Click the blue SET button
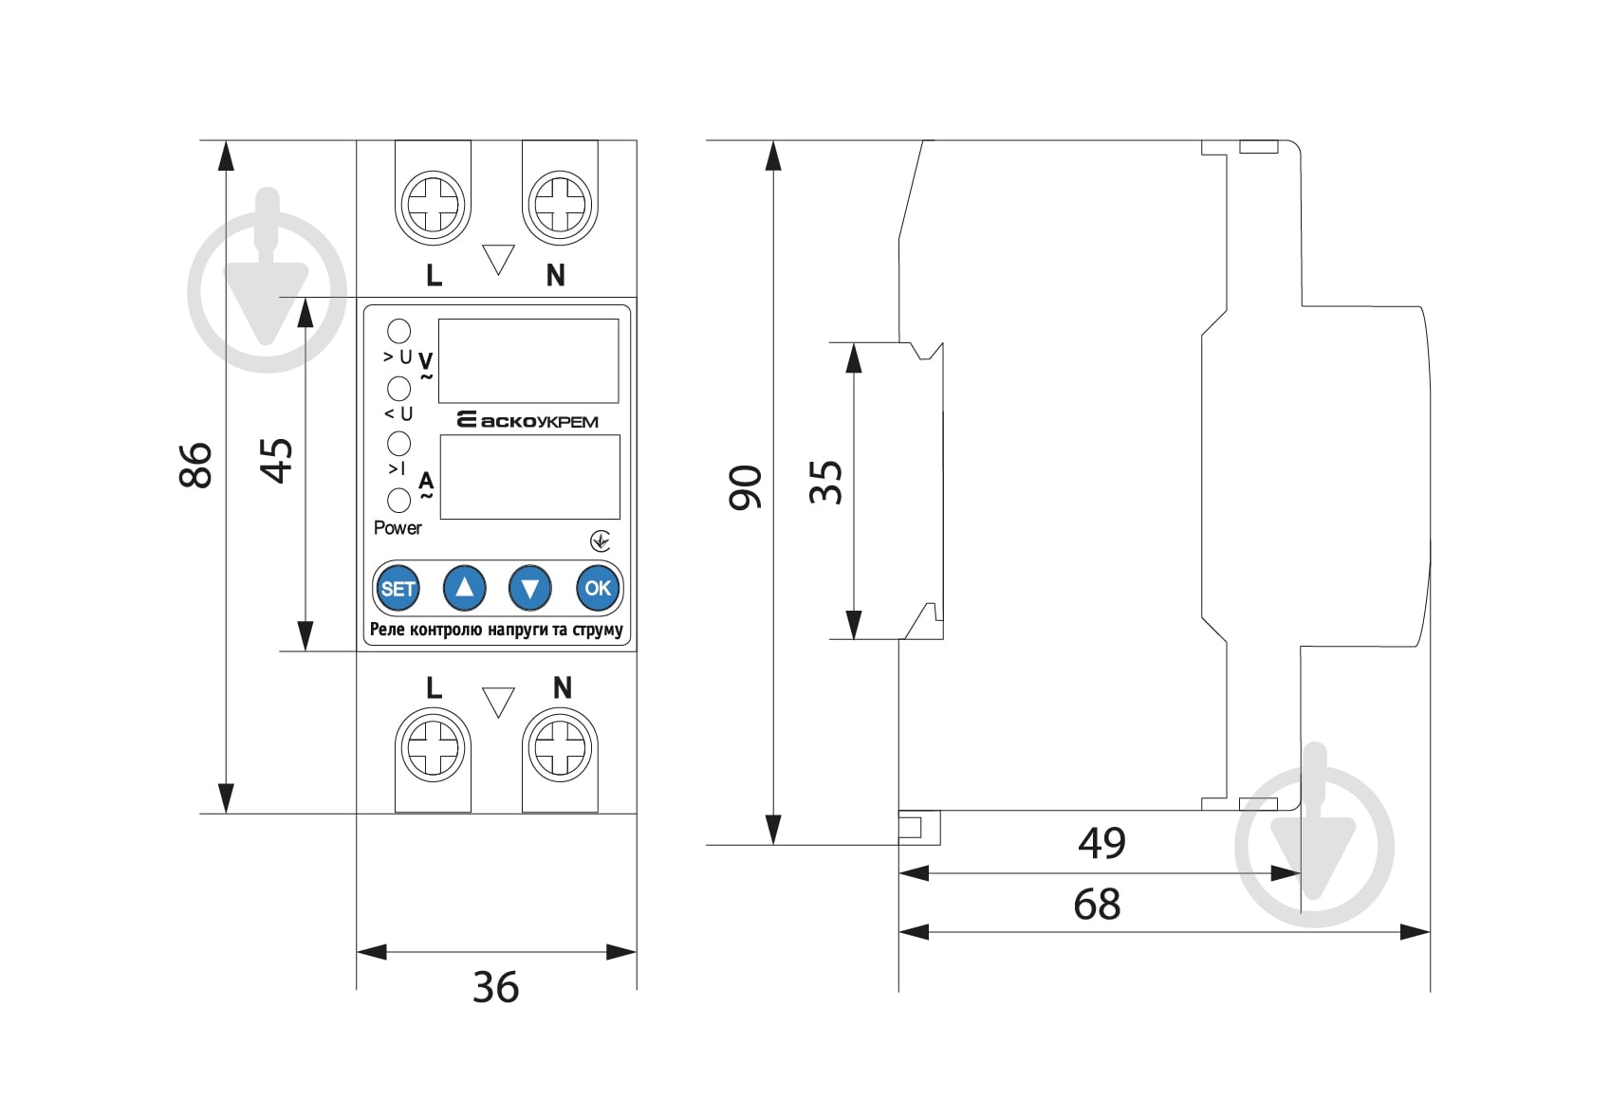pos(398,588)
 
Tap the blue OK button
pos(598,588)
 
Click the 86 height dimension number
pos(195,466)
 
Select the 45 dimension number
pos(276,461)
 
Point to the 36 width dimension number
pos(496,987)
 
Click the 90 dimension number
pos(745,487)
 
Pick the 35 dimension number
pos(825,482)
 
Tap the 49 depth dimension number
pos(1101,843)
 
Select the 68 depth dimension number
pos(1097,904)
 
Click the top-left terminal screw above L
pos(433,203)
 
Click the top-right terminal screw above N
pos(560,203)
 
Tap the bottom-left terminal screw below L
pos(433,748)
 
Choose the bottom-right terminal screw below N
pos(560,748)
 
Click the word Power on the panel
pos(398,528)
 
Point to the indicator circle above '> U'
pos(398,331)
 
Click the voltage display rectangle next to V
pos(528,360)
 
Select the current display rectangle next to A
pos(529,476)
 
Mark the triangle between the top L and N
pos(498,259)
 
